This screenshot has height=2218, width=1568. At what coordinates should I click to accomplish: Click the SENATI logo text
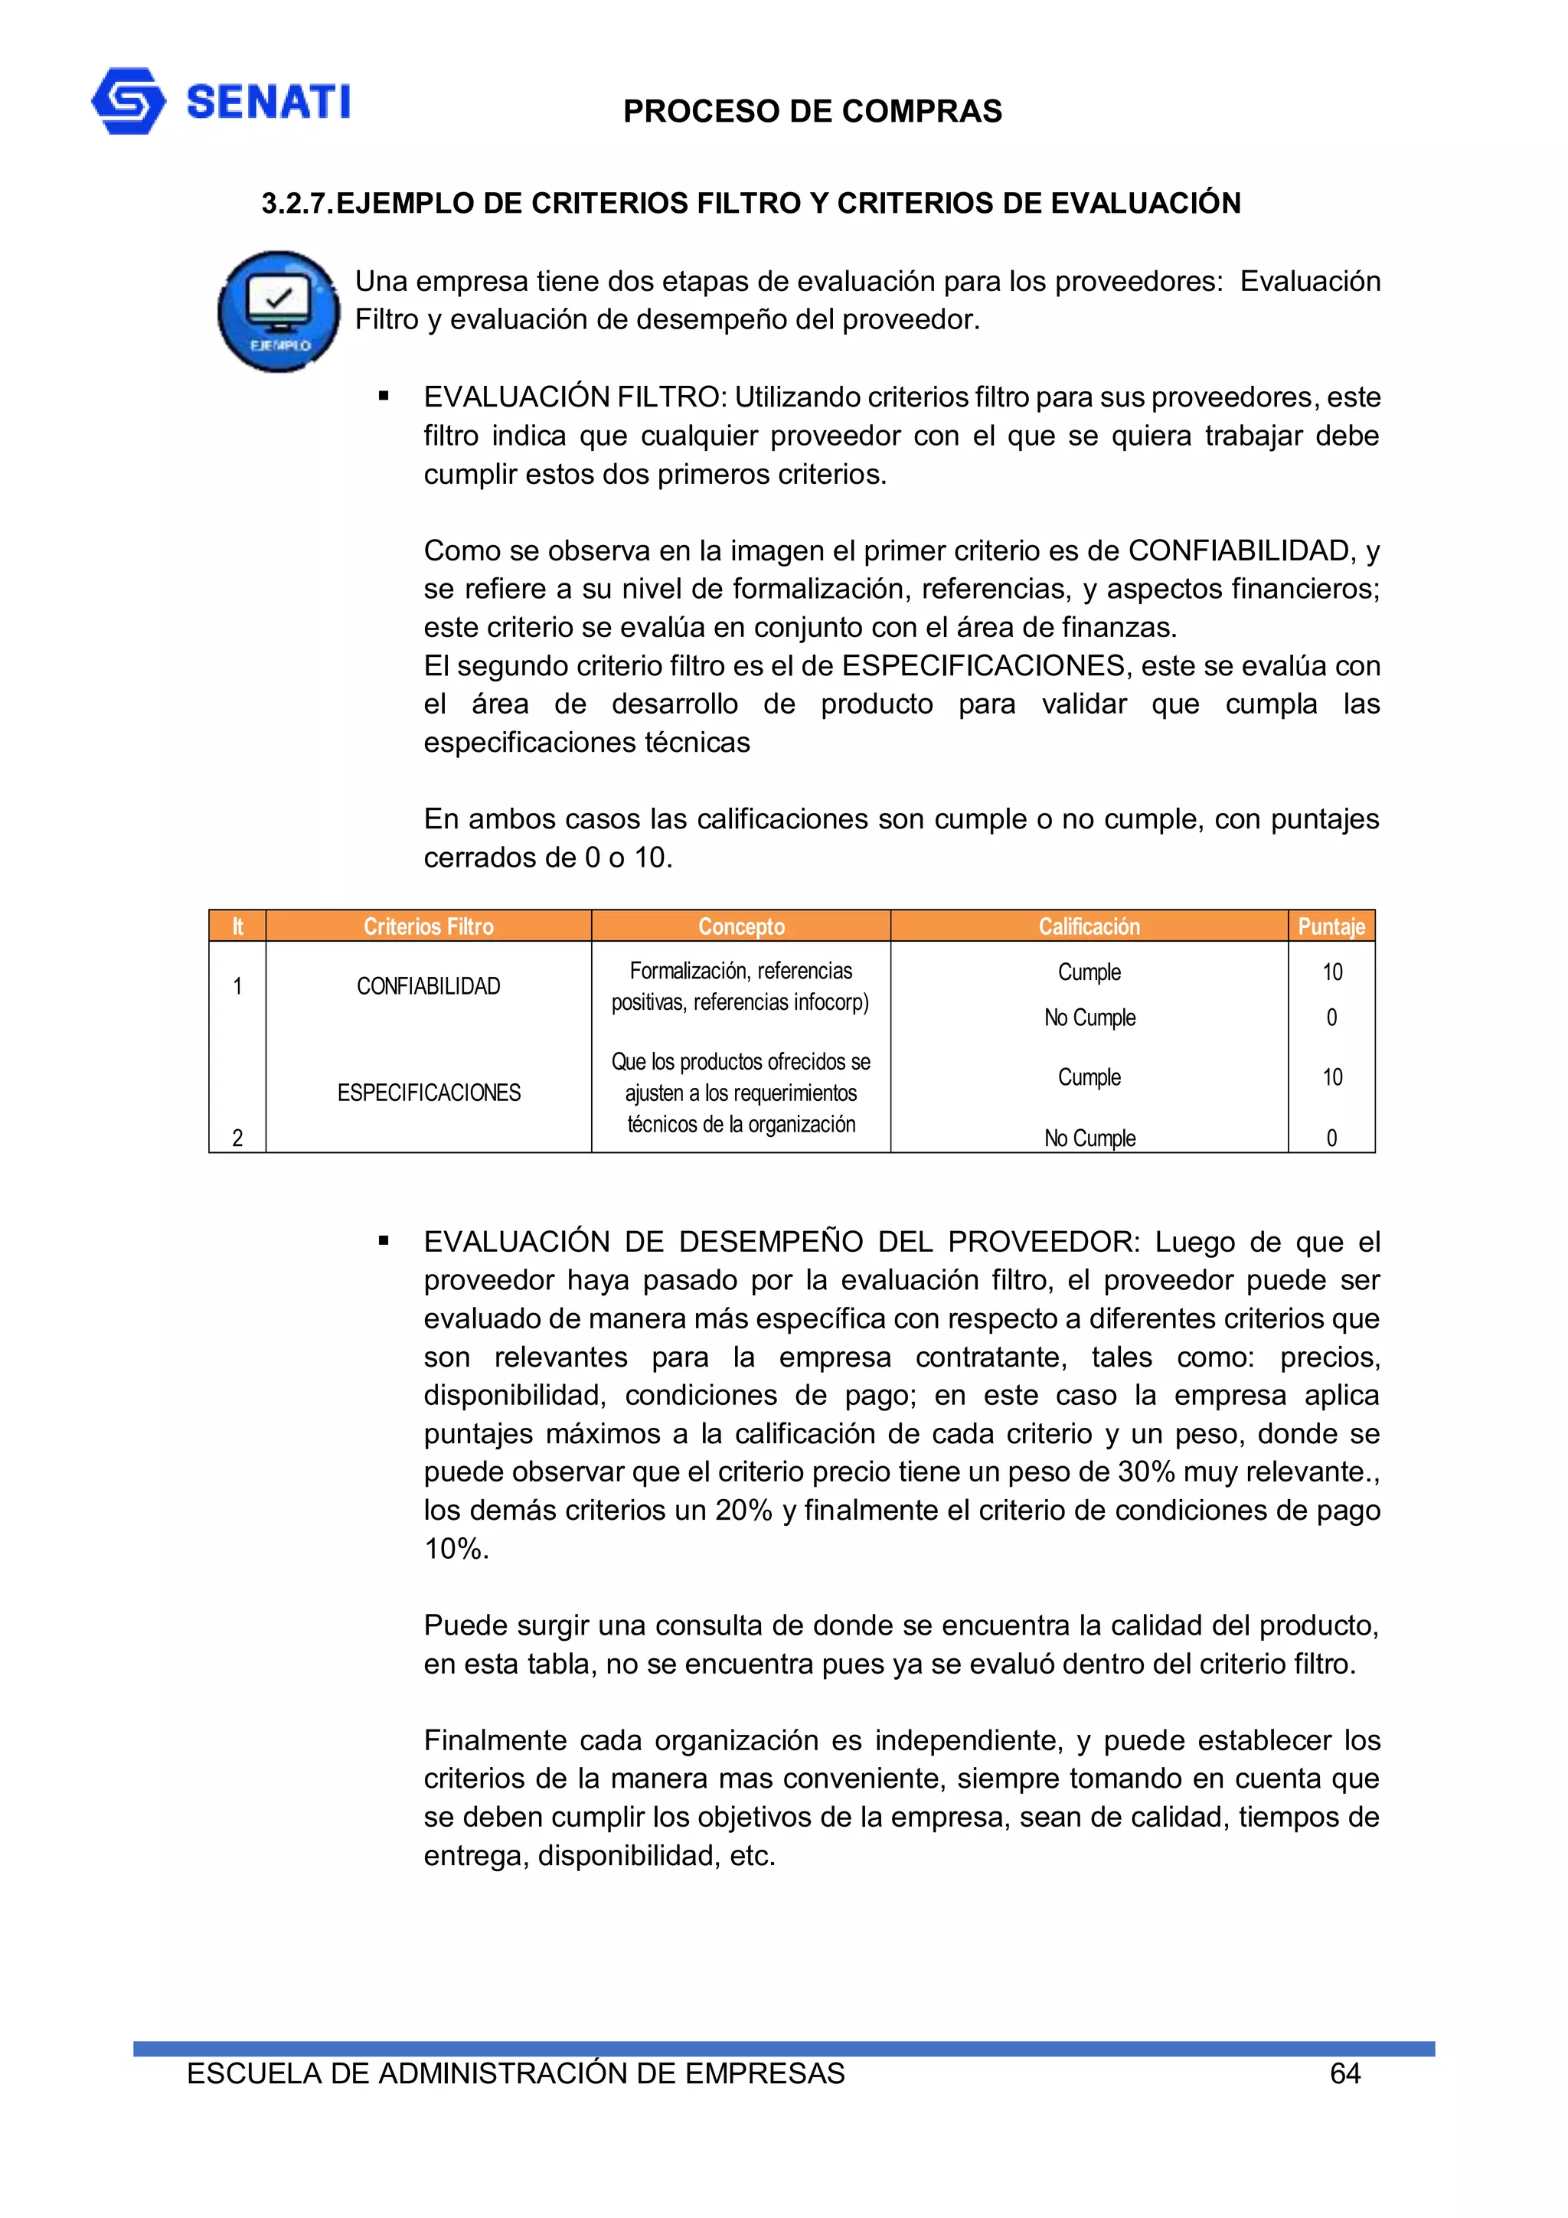(x=268, y=101)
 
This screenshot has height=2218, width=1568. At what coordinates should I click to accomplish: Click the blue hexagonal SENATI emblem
(x=128, y=100)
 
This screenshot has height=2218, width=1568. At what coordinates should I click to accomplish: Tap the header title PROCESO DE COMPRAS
(x=812, y=111)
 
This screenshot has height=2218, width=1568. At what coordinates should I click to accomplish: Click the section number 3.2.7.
(x=296, y=204)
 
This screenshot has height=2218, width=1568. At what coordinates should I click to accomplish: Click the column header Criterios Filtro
(x=428, y=926)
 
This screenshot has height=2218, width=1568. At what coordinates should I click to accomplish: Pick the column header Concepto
(x=741, y=926)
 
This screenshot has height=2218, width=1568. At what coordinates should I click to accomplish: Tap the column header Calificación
(x=1089, y=926)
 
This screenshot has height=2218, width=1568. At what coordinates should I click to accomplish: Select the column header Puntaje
(x=1331, y=926)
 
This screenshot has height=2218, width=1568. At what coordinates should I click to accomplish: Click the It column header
(x=237, y=926)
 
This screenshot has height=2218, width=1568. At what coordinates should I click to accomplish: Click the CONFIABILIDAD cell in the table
(x=428, y=986)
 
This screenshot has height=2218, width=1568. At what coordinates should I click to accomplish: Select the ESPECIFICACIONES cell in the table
(x=428, y=1093)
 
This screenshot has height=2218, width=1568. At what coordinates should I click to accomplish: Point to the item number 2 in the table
(x=237, y=1138)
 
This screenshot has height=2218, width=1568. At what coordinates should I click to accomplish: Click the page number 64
(x=1345, y=2074)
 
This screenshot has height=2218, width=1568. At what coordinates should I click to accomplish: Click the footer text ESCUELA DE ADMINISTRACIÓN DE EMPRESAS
(x=515, y=2074)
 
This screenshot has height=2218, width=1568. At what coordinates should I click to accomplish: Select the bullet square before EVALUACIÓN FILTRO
(x=384, y=396)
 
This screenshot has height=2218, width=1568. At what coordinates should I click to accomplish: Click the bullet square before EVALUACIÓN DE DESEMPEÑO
(x=384, y=1240)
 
